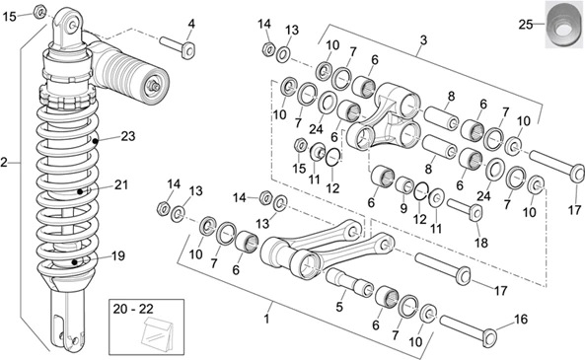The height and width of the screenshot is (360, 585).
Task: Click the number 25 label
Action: pos(526,25)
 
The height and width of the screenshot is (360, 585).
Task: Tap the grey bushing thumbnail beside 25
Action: pos(564,25)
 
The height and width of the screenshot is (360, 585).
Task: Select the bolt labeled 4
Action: pos(178,46)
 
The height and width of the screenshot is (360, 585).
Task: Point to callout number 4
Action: pos(191,24)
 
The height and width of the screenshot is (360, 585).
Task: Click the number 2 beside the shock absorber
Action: pos(4,163)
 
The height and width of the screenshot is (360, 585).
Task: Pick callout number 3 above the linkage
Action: pos(423,39)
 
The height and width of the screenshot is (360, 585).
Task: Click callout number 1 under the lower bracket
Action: pos(266,320)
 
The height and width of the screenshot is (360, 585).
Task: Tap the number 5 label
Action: pos(338,307)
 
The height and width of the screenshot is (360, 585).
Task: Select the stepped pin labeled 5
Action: pos(349,282)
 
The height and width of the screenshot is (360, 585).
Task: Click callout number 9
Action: pos(403,208)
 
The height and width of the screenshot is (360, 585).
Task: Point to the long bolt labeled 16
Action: pos(469,328)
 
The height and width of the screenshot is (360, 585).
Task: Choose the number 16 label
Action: pos(521,319)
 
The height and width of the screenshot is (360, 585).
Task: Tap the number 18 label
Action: pos(480,243)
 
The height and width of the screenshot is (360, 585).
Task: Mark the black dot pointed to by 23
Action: pos(96,141)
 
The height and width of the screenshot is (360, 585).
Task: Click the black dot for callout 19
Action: pos(75,262)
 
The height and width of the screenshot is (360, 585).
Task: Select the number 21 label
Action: pos(121,184)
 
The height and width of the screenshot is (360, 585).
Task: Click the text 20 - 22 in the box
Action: pos(133,309)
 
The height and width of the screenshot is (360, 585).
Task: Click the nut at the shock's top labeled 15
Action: pos(39,13)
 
